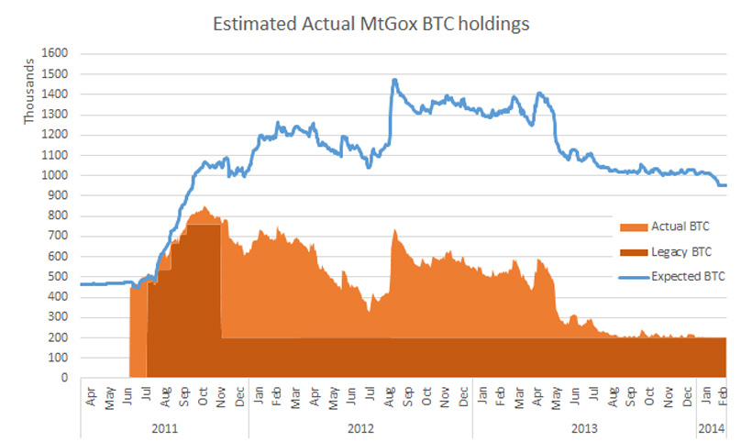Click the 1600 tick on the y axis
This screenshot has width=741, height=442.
(x=57, y=54)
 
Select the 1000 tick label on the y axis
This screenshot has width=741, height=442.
(x=57, y=175)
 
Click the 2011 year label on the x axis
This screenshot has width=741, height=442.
(x=164, y=428)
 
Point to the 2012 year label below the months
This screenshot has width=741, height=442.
(x=360, y=428)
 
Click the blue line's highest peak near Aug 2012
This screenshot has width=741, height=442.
(x=394, y=80)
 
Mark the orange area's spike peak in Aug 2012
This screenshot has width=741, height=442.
(x=394, y=230)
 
